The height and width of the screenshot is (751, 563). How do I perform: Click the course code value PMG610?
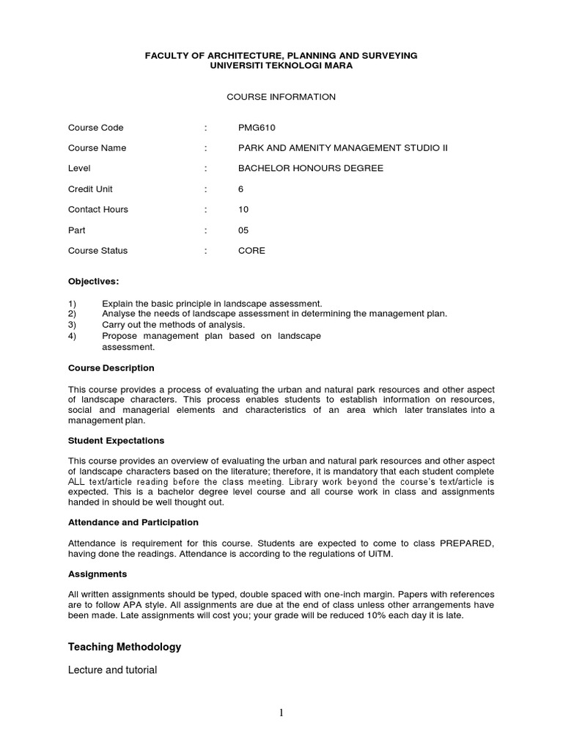257,127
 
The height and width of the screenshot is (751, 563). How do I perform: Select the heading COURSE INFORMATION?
281,97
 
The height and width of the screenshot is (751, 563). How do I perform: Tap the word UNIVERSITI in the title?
237,65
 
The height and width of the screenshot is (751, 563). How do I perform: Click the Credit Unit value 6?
241,188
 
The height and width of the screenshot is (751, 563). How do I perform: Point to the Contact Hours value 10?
243,209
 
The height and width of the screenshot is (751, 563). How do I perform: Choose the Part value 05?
243,230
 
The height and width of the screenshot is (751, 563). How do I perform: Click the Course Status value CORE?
251,250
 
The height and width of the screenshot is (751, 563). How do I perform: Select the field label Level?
79,168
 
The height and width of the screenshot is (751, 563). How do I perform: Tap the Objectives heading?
93,281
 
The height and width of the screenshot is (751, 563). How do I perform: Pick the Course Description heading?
111,367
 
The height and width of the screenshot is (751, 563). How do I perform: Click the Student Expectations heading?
116,440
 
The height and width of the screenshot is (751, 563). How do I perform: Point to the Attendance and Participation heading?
133,522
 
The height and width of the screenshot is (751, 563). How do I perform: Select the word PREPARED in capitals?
467,543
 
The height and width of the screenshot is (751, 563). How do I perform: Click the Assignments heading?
97,574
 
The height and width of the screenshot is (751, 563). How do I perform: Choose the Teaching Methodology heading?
125,647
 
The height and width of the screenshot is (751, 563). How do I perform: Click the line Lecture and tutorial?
112,670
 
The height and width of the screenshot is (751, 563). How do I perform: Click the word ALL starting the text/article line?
78,481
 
